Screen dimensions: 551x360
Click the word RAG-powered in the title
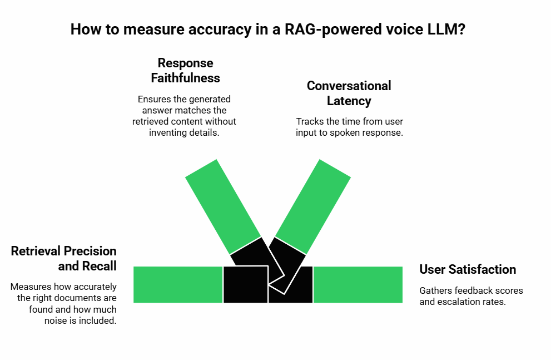333,29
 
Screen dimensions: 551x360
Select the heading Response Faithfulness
185,70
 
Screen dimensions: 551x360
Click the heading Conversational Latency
349,93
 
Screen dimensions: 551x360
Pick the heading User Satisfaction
468,269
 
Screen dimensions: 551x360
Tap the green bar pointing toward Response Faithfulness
223,207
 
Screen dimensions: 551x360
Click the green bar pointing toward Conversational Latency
312,207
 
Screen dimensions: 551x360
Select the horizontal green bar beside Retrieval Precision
178,284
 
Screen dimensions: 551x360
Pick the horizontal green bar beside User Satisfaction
358,284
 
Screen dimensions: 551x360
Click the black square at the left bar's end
246,284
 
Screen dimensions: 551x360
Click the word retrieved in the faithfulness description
149,122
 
